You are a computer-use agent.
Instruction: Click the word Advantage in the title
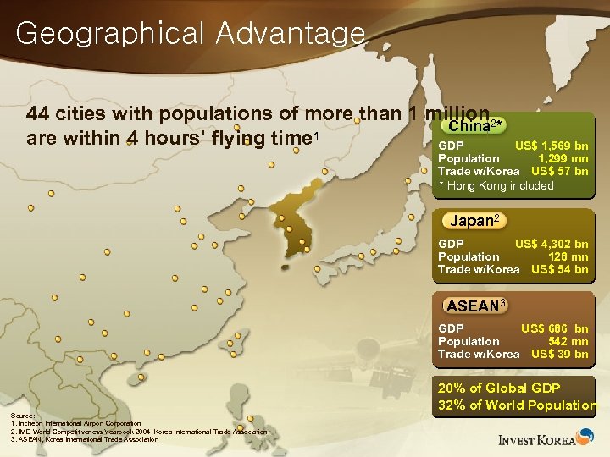tap(290, 34)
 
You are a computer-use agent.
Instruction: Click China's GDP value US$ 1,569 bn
tap(552, 146)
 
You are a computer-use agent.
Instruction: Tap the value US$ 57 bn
tap(565, 171)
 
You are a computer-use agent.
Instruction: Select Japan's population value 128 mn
tap(569, 256)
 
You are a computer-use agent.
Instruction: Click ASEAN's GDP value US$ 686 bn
tap(554, 328)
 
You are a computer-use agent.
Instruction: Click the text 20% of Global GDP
tap(499, 388)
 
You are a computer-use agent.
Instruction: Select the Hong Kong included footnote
tap(496, 185)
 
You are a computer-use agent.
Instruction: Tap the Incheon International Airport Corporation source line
tap(77, 423)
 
